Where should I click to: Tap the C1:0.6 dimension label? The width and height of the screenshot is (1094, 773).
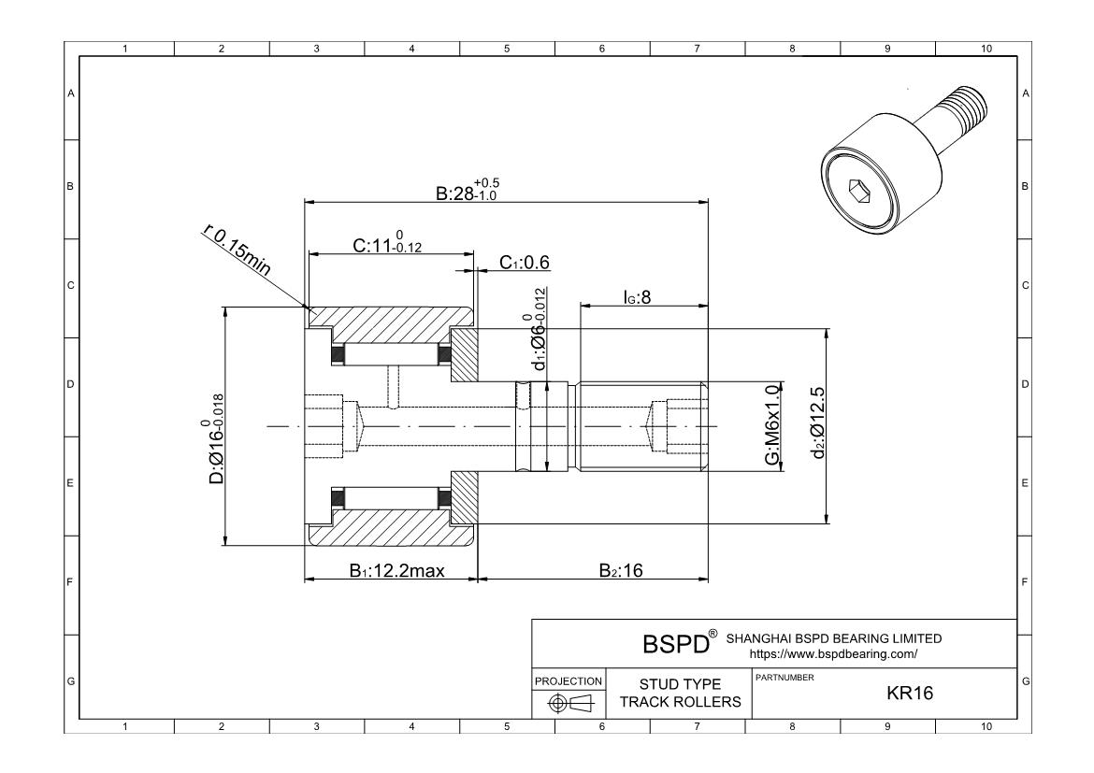525,263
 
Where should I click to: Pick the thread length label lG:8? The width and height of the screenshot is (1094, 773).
637,297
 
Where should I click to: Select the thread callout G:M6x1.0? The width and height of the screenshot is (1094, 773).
771,425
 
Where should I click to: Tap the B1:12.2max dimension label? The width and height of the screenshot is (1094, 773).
397,571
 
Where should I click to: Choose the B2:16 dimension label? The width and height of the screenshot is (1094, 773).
621,571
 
